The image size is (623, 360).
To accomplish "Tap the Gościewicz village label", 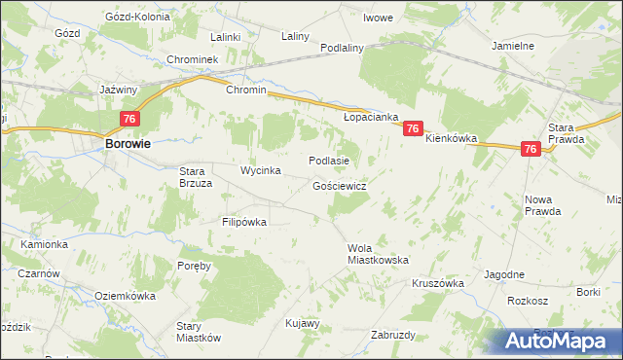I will click(x=340, y=185).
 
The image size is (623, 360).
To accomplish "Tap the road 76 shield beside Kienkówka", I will click(x=413, y=128).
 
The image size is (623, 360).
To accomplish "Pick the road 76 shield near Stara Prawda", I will click(x=531, y=149).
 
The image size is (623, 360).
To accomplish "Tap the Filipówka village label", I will click(x=244, y=222).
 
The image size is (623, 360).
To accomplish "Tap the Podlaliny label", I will click(x=342, y=48).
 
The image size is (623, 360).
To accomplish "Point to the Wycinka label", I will click(x=261, y=171).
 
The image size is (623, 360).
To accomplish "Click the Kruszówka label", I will click(x=438, y=283).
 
